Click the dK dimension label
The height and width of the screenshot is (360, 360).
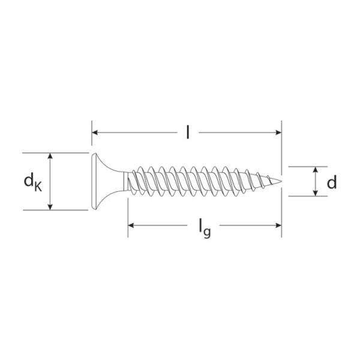pyautogui.click(x=33, y=182)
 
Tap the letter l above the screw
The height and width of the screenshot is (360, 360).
pyautogui.click(x=188, y=132)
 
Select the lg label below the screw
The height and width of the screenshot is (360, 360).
pyautogui.click(x=205, y=229)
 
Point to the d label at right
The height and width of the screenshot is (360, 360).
pyautogui.click(x=332, y=182)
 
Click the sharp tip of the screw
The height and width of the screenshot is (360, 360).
pyautogui.click(x=281, y=181)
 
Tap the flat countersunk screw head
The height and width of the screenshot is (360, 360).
pyautogui.click(x=101, y=181)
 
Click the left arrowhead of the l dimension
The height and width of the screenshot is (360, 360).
pyautogui.click(x=95, y=133)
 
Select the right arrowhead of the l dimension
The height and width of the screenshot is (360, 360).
pyautogui.click(x=278, y=133)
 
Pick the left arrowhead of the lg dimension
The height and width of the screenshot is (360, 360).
pyautogui.click(x=131, y=226)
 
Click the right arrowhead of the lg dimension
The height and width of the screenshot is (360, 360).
pyautogui.click(x=278, y=226)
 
